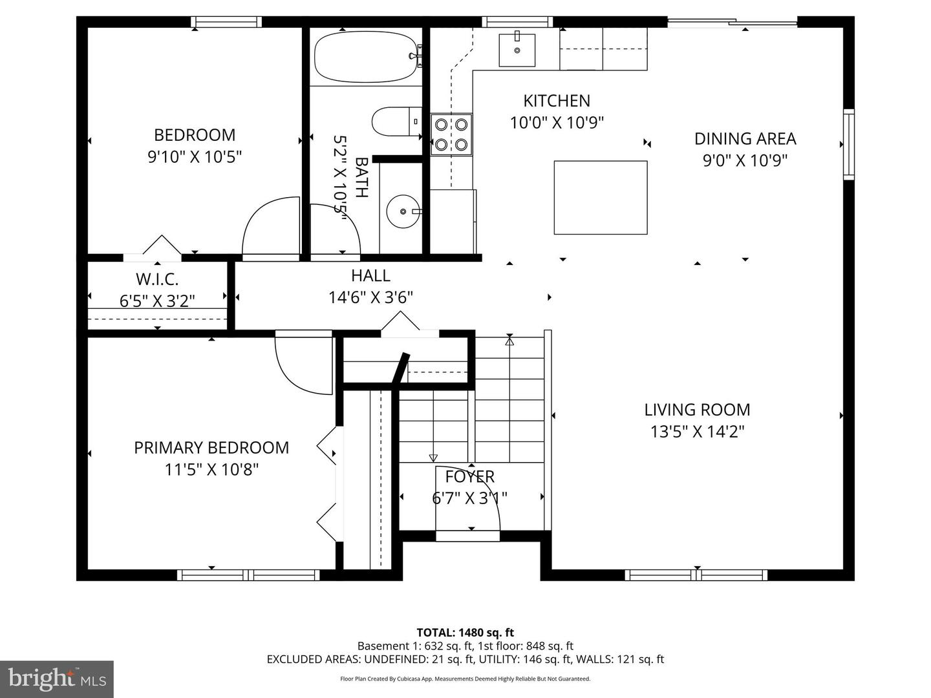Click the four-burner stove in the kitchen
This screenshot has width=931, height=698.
[451, 134]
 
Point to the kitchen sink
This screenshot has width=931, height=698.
[517, 48]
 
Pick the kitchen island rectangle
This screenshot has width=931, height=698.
[600, 197]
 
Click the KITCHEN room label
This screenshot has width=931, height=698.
[556, 101]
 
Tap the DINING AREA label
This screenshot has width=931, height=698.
[745, 138]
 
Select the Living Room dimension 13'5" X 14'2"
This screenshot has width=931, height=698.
[697, 431]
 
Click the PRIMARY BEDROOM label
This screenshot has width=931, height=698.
[211, 447]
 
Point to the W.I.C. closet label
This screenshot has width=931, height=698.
[157, 279]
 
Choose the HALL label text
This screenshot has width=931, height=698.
[370, 275]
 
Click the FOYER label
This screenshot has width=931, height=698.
[469, 476]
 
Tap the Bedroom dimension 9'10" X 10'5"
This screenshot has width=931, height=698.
[195, 156]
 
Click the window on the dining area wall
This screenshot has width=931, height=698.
[848, 143]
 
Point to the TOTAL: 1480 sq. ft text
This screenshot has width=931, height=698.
[465, 633]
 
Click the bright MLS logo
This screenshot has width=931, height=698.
[57, 679]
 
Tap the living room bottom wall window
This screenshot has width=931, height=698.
[696, 575]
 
